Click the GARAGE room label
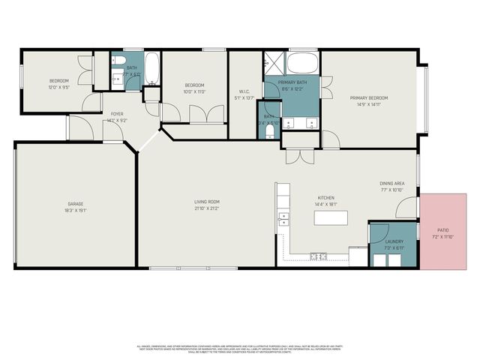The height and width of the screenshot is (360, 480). coord(75,204)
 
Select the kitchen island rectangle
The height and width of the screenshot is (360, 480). coord(330,217)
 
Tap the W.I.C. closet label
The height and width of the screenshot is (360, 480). coord(244,94)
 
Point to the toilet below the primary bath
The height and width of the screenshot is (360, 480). coord(269,131)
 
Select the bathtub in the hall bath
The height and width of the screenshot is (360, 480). coord(151,70)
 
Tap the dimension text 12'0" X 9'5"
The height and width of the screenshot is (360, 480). coord(60,87)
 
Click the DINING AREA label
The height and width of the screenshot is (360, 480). coord(392,183)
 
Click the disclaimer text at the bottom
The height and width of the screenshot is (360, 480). coord(240,349)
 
